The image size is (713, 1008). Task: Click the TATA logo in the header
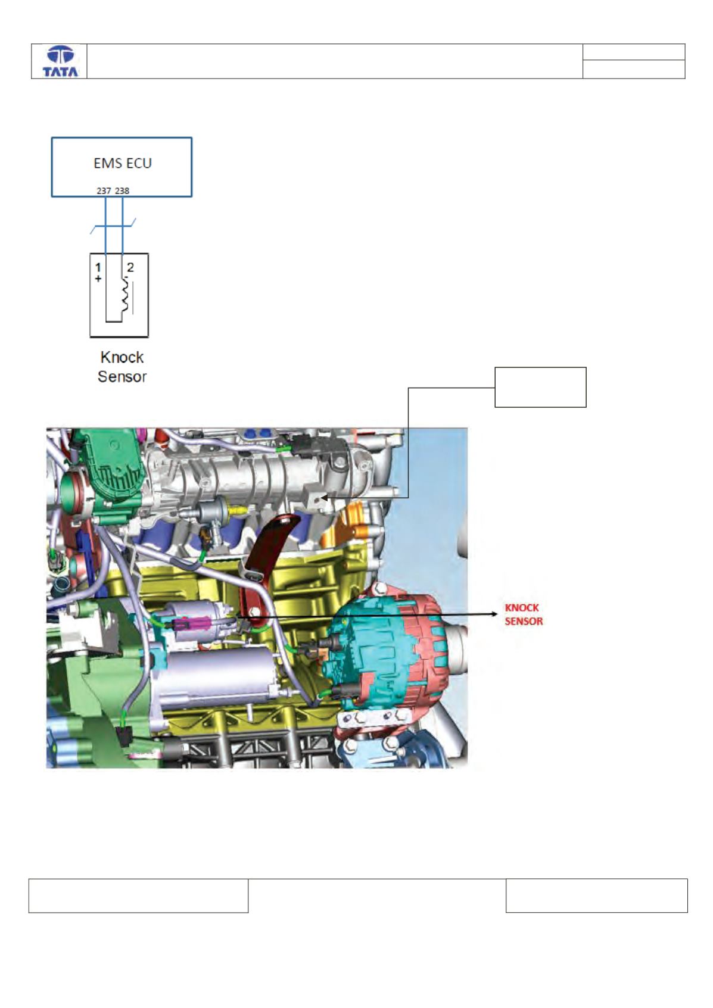(60, 62)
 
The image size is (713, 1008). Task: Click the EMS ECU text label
(123, 163)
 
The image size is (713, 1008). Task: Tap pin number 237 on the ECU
(104, 191)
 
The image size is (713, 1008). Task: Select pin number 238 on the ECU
(122, 191)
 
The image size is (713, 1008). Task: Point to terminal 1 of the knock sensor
(98, 268)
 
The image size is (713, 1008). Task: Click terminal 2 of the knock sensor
(130, 267)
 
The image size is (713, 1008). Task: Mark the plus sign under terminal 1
(98, 279)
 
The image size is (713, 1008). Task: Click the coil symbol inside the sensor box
(126, 295)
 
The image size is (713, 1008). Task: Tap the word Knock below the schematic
(122, 357)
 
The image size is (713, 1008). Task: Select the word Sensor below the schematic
(122, 377)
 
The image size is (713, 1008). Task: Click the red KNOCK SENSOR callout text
(524, 614)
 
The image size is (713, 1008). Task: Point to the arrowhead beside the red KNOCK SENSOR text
(494, 614)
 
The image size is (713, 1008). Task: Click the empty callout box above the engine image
(540, 388)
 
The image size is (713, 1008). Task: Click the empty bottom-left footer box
(138, 895)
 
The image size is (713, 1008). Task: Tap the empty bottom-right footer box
(596, 895)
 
